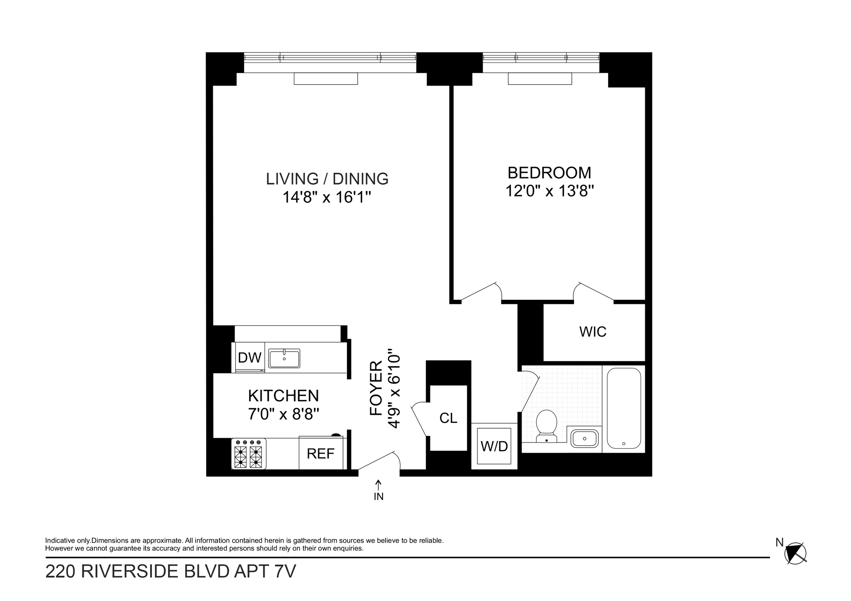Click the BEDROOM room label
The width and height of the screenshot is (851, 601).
pyautogui.click(x=549, y=172)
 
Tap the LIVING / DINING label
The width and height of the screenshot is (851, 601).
pyautogui.click(x=327, y=179)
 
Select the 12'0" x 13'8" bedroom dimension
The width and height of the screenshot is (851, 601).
pyautogui.click(x=550, y=191)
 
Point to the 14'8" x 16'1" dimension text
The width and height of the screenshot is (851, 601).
pyautogui.click(x=327, y=198)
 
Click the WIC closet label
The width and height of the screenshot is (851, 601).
pyautogui.click(x=593, y=332)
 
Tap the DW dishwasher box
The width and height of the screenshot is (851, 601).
pyautogui.click(x=250, y=357)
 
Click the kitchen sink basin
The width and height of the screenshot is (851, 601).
pyautogui.click(x=284, y=358)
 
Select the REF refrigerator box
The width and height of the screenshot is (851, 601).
pyautogui.click(x=320, y=453)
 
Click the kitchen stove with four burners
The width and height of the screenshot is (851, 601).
pyautogui.click(x=249, y=454)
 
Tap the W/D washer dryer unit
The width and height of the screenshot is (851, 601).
pyautogui.click(x=494, y=446)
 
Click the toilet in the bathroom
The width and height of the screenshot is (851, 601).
pyautogui.click(x=547, y=426)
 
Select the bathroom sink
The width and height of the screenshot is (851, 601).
pyautogui.click(x=584, y=438)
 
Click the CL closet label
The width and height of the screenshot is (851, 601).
pyautogui.click(x=448, y=418)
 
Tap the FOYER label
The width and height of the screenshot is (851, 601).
pyautogui.click(x=376, y=388)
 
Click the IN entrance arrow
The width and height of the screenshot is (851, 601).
pyautogui.click(x=379, y=491)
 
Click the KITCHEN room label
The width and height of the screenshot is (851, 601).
pyautogui.click(x=283, y=395)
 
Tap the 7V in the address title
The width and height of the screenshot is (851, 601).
pyautogui.click(x=285, y=572)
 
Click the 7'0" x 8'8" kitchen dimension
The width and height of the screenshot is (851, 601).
pyautogui.click(x=284, y=414)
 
